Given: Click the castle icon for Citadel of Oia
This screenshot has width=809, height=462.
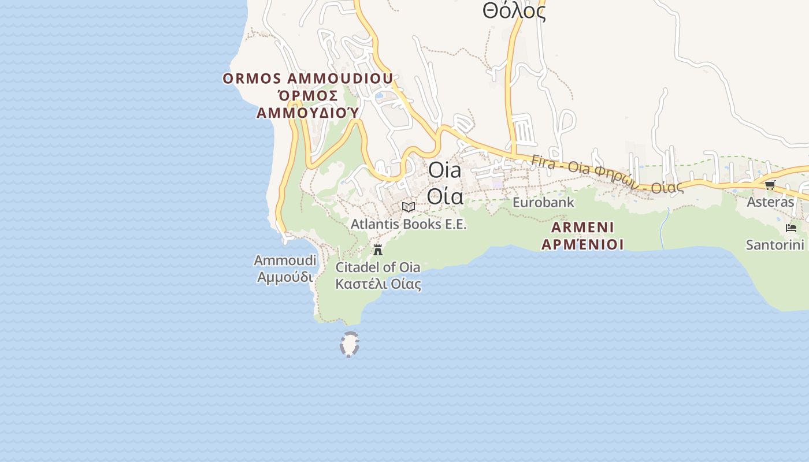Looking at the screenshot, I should coord(378,249).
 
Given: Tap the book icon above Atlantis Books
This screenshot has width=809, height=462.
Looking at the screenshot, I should coord(409,207).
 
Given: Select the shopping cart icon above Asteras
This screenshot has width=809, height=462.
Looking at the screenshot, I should coord(770,185).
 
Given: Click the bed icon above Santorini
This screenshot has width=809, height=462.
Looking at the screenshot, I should coord(791,228).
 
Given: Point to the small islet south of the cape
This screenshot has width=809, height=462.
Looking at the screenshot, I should coord(349,345).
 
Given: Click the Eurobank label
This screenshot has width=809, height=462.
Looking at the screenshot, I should coord(543,202).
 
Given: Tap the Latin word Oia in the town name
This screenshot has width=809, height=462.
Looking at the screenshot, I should coord(445,170).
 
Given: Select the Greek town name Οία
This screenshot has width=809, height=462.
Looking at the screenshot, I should coord(445,196).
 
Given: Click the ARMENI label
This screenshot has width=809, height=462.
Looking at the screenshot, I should coord(582,227).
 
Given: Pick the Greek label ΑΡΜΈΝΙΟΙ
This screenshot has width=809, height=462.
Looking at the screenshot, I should coord(582,244).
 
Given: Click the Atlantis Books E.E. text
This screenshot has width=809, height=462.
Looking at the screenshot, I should coord(409,223).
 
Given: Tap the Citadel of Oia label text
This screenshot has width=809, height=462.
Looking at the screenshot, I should coord(378,267).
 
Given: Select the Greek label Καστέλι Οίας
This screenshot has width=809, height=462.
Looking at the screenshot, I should coord(378,284).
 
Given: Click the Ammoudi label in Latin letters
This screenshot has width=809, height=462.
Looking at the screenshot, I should coord(285,260).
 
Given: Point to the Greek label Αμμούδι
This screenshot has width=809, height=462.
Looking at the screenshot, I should coord(285,277).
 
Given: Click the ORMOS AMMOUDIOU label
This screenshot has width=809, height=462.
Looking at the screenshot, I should coord(307,79).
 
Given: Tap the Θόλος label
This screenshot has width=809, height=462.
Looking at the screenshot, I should coord(514,12).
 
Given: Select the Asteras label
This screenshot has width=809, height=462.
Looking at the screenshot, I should coord(770,202).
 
